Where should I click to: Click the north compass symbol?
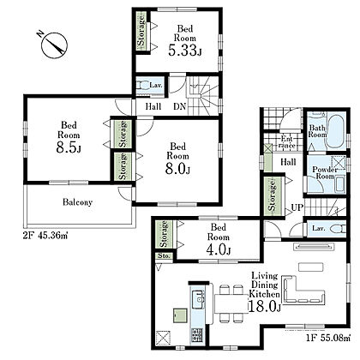pos(54,45)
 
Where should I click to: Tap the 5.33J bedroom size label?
pos(185,51)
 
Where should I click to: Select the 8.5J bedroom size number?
pos(69,147)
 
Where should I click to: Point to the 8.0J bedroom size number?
pos(177,169)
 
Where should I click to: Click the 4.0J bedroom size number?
pos(219,249)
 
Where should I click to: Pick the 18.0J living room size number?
pos(265,307)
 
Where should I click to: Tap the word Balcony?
pos(77,202)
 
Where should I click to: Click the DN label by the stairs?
pos(180,106)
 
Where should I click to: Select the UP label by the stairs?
pos(297,207)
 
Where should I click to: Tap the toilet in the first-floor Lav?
pos(338,229)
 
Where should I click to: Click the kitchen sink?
pos(198,299)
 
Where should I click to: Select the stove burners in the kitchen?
pos(197,334)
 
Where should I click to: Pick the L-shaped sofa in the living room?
pos(303,290)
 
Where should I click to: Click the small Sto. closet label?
pos(164,256)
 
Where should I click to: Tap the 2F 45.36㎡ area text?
pos(45,237)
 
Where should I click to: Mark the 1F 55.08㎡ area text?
pos(328,339)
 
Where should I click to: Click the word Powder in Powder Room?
pos(325,169)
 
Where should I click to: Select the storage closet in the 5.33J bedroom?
pos(141,32)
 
